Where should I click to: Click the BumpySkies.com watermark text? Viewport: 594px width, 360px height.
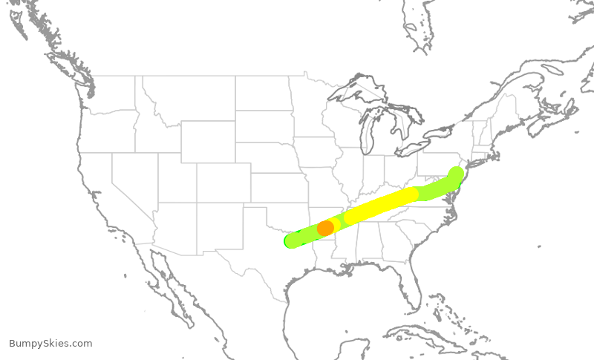pos(50,344)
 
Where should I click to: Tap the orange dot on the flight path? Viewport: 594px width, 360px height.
pos(325,228)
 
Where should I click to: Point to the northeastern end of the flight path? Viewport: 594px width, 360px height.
pos(457,174)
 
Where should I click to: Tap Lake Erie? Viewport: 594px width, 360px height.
pos(412,148)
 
